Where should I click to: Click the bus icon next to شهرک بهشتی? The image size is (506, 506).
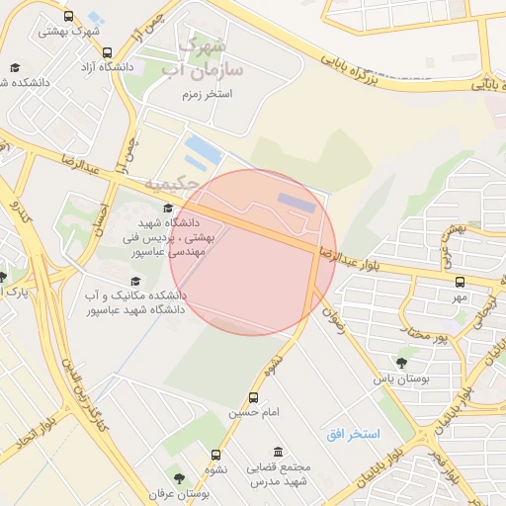[x=67, y=16]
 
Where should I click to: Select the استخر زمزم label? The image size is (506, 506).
[x=206, y=94]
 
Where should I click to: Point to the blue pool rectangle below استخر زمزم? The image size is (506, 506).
[x=205, y=151]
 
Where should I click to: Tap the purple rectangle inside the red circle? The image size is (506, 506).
[x=295, y=202]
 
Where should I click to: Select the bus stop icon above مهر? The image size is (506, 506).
[x=460, y=282]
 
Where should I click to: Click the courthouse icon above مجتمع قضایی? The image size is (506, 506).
[x=278, y=451]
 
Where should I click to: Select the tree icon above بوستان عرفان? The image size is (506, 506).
[x=178, y=477]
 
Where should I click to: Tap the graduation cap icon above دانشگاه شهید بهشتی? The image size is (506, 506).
[x=167, y=208]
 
